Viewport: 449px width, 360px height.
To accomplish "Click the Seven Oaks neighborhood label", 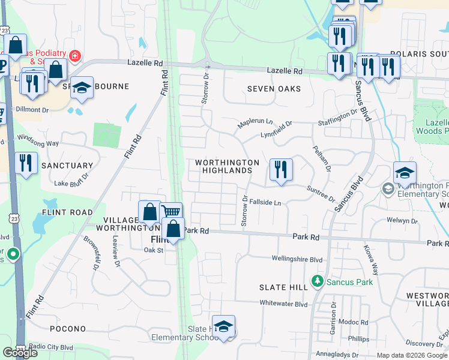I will coord(274,89).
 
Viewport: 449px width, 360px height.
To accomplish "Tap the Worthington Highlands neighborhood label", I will coord(226,167).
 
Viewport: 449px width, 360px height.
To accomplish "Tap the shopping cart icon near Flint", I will coord(171,212).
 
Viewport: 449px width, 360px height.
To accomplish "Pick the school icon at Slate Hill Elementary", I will coord(223,327).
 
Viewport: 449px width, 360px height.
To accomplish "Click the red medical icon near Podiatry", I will coord(75,57).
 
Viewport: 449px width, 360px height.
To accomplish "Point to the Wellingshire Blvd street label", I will coord(297,260).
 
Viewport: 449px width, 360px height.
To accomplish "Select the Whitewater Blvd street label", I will coord(284,305).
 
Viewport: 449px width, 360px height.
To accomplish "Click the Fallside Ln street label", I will coord(265,203).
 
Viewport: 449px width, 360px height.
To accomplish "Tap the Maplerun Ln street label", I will coord(255,121).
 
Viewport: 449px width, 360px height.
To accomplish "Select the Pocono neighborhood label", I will coord(68,329).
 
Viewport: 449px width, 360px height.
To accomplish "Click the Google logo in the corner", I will coord(20,353).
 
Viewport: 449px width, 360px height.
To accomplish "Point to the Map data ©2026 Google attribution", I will coord(412,355).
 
